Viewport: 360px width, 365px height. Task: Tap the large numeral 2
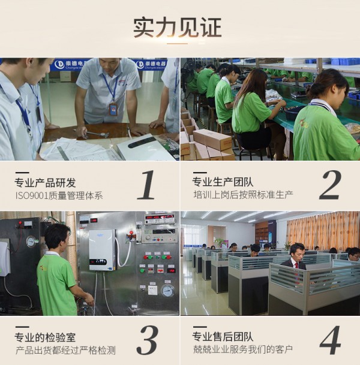click(x=329, y=185)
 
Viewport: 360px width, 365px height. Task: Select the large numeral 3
click(x=146, y=340)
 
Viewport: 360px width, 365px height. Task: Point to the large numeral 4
click(x=329, y=340)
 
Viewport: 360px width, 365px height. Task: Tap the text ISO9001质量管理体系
click(x=59, y=195)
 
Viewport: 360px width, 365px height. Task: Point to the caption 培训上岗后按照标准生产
click(x=243, y=195)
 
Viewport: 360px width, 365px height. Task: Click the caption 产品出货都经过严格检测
click(x=65, y=351)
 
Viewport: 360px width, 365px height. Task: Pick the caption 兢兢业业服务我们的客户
click(x=243, y=351)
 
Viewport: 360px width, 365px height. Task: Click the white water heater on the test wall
click(x=102, y=250)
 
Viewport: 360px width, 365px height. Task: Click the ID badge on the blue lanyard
click(x=113, y=108)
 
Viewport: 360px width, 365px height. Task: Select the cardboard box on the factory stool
click(x=212, y=140)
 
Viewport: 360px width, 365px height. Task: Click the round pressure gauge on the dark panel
click(x=31, y=242)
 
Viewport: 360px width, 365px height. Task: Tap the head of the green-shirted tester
click(x=55, y=236)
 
